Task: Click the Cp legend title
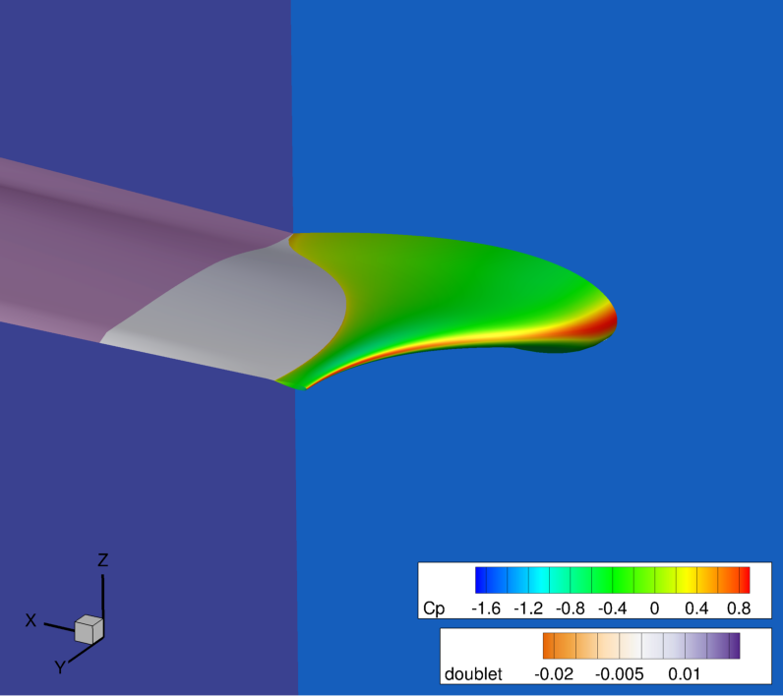click(434, 609)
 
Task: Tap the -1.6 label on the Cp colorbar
click(486, 609)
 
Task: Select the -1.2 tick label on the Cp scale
click(528, 609)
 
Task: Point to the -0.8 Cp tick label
click(571, 609)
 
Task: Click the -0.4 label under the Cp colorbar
click(612, 609)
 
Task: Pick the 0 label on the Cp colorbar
click(655, 609)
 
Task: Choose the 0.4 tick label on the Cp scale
click(696, 609)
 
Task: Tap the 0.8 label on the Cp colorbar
click(739, 609)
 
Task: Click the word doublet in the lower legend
click(473, 674)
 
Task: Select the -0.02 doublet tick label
click(554, 674)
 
